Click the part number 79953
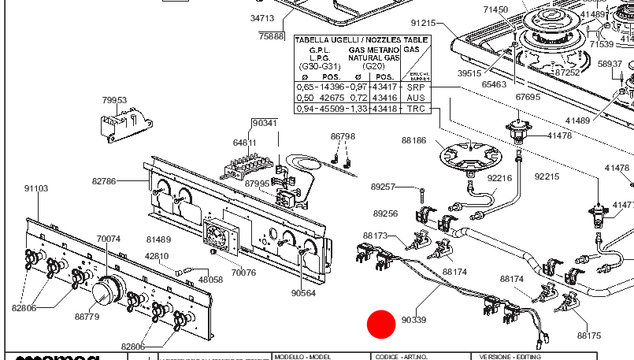(114, 100)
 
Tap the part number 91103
(36, 189)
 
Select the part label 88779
(87, 317)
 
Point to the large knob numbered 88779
(107, 291)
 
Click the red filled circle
(382, 324)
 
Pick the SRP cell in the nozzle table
(415, 87)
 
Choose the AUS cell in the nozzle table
(415, 97)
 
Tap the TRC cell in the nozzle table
(415, 108)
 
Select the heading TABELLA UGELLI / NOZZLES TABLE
(361, 39)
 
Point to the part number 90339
(413, 321)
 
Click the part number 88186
(413, 141)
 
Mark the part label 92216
(499, 178)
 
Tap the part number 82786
(104, 181)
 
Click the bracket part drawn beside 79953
(123, 122)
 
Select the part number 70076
(243, 273)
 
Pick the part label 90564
(303, 293)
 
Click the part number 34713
(262, 17)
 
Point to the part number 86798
(343, 136)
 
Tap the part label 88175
(588, 336)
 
